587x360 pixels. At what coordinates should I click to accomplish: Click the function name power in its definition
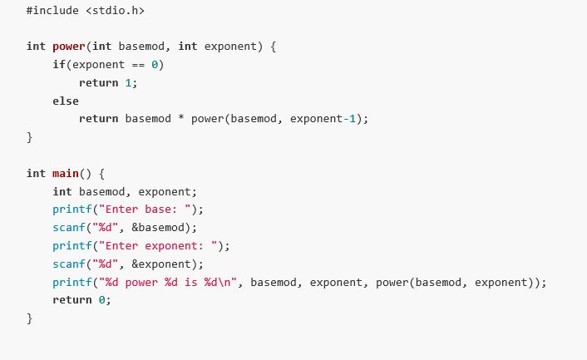(x=69, y=47)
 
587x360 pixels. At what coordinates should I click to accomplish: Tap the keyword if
(x=57, y=64)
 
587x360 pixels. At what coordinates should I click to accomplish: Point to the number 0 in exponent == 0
(x=155, y=64)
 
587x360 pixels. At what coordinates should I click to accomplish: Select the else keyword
(x=65, y=101)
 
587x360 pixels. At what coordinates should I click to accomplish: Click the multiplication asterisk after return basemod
(x=181, y=118)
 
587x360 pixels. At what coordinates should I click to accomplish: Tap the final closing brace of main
(x=29, y=318)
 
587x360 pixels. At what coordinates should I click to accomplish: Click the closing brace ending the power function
(x=29, y=136)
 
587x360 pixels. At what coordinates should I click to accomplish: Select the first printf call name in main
(x=72, y=209)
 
